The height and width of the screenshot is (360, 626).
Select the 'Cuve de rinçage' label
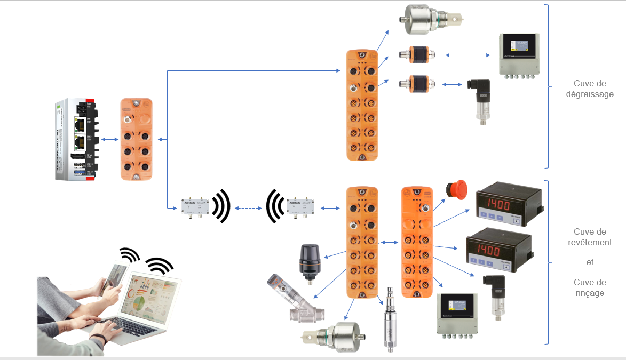coord(590,287)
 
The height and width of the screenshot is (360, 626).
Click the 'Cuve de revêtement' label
coord(590,237)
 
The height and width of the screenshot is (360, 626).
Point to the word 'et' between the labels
coord(590,262)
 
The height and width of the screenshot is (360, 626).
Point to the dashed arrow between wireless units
coord(248,207)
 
